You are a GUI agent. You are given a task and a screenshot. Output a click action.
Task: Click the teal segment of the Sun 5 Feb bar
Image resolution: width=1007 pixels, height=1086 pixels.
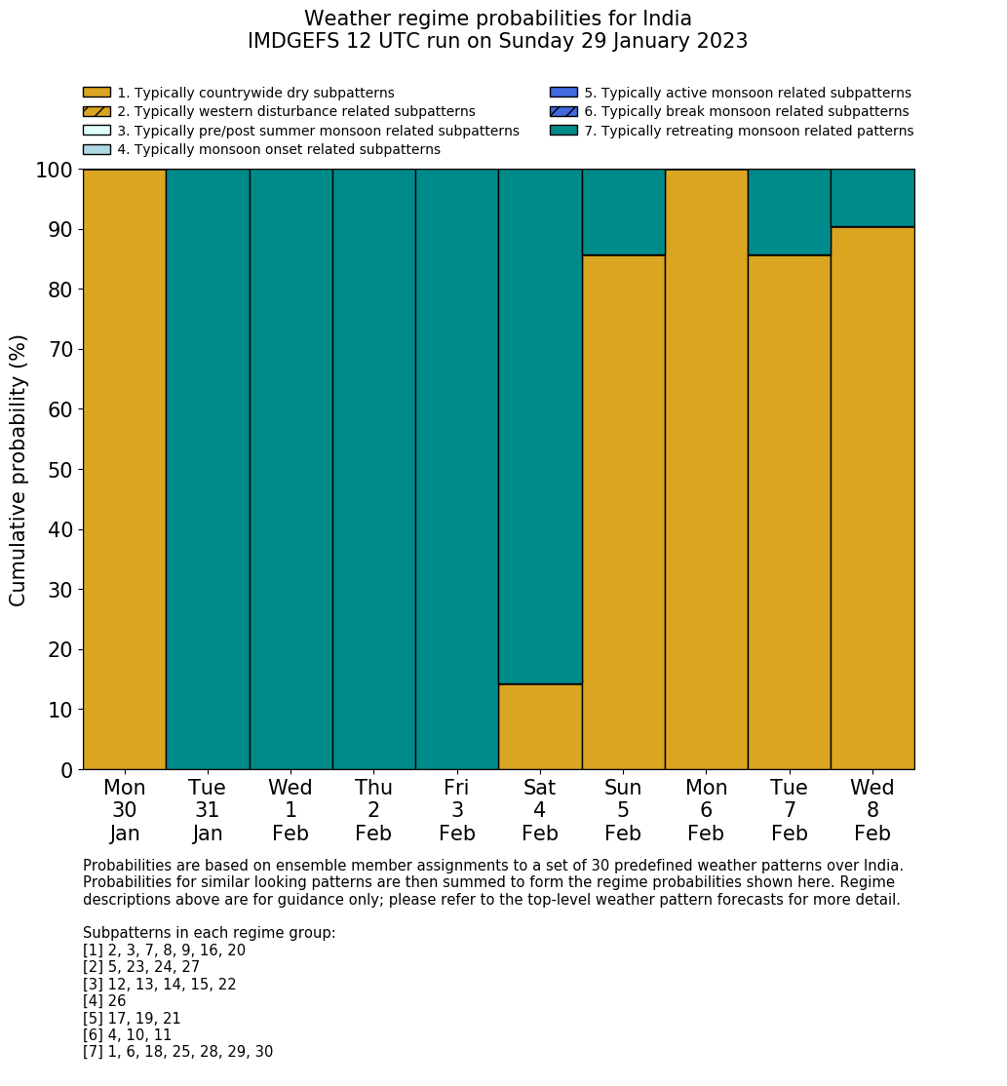(x=623, y=212)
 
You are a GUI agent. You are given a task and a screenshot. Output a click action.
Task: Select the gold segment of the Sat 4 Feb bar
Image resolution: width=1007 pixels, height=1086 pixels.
(x=540, y=726)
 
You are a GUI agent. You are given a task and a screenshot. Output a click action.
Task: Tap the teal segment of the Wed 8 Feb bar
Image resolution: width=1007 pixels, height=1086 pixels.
(x=872, y=198)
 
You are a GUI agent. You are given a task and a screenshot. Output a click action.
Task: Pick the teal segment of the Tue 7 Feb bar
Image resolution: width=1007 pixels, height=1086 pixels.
(x=789, y=212)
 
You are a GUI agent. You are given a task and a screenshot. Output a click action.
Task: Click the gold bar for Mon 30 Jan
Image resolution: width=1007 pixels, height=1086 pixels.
(x=125, y=469)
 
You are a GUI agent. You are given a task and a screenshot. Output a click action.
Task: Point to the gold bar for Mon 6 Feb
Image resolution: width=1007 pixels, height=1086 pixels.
(x=706, y=469)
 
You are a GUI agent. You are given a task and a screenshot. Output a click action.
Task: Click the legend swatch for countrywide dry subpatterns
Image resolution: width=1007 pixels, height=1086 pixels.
(x=97, y=93)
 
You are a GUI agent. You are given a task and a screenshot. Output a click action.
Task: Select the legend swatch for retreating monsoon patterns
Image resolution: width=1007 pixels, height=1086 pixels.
(x=563, y=131)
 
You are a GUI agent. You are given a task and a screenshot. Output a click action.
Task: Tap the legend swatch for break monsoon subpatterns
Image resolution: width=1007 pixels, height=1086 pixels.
(x=563, y=112)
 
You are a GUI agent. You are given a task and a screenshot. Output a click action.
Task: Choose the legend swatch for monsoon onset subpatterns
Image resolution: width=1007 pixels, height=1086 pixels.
(x=97, y=149)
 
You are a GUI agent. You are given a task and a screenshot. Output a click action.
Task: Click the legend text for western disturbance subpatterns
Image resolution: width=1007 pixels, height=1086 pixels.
(x=296, y=112)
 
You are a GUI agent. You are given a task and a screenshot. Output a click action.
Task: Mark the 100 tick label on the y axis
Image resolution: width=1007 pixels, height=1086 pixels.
(x=54, y=171)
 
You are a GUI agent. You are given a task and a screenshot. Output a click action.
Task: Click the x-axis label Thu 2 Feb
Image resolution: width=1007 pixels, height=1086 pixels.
(x=373, y=810)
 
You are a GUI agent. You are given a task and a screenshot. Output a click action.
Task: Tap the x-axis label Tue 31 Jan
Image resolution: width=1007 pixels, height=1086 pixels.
(x=208, y=810)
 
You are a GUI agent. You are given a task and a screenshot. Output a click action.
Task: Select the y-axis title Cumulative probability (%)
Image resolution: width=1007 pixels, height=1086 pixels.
(x=19, y=470)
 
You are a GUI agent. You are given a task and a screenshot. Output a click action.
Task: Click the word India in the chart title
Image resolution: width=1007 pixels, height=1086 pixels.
(x=662, y=19)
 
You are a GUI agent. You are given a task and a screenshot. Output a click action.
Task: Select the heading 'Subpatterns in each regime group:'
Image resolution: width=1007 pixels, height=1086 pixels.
(x=209, y=933)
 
